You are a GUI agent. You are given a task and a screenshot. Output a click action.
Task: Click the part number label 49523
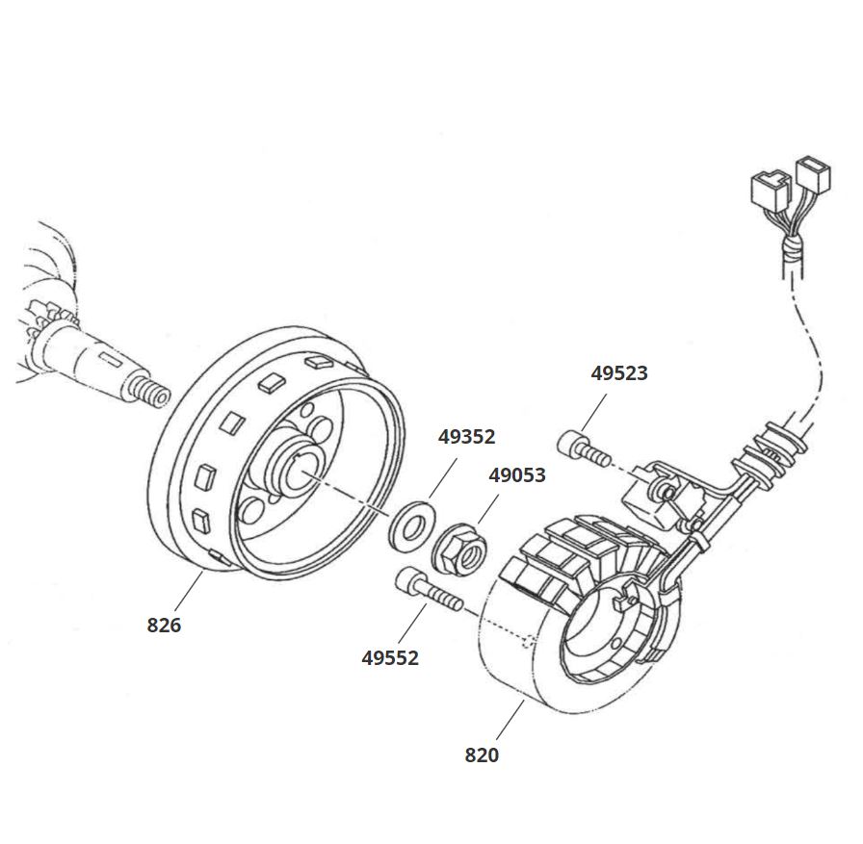tap(619, 373)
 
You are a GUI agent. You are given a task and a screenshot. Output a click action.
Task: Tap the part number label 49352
tap(466, 437)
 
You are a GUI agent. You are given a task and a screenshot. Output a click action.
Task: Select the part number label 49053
tap(517, 475)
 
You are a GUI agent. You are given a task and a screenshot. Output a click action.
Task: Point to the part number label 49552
tap(390, 658)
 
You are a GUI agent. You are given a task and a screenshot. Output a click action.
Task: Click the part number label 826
tap(164, 626)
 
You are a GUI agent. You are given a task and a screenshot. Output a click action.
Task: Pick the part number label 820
tap(482, 755)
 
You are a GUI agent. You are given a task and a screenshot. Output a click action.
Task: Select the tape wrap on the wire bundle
tap(792, 251)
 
